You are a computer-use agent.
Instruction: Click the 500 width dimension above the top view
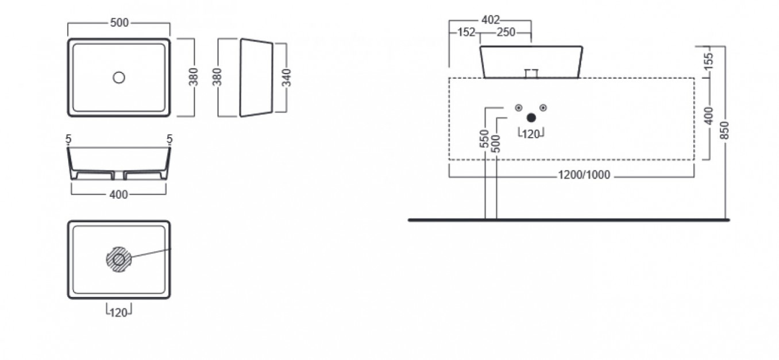(119, 23)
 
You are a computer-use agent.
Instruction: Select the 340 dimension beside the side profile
(287, 78)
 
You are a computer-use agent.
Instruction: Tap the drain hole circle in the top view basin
(119, 78)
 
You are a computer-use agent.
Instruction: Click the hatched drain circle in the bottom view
(119, 260)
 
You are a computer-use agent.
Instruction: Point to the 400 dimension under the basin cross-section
(118, 195)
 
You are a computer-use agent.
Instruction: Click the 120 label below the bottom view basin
(118, 313)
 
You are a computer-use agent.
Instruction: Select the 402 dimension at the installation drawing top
(491, 20)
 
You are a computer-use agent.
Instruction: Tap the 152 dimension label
(466, 32)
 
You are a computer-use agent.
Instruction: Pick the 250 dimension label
(506, 32)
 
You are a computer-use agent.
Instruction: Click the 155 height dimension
(708, 61)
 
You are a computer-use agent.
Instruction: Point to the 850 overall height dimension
(725, 130)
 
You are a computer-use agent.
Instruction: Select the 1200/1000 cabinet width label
(584, 175)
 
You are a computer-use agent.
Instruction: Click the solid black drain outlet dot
(531, 118)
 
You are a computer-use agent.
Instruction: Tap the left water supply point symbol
(519, 108)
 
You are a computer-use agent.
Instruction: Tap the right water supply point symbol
(543, 108)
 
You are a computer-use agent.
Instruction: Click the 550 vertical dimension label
(484, 138)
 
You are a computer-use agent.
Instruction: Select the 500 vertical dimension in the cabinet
(496, 144)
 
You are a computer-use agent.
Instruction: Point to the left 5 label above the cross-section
(68, 139)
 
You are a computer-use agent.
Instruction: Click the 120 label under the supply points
(531, 134)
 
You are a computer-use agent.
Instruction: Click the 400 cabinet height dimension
(708, 116)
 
